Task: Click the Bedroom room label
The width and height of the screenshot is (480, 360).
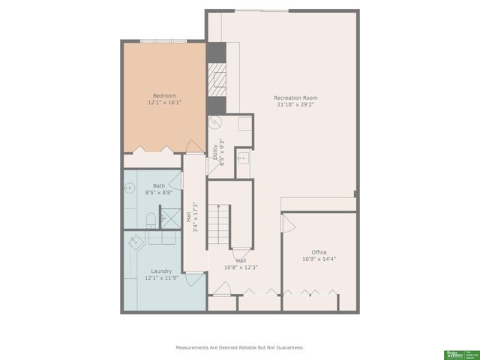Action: [x=164, y=96]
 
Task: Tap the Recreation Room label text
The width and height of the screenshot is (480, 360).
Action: [x=295, y=98]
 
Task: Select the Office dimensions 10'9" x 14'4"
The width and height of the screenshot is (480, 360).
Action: [x=319, y=259]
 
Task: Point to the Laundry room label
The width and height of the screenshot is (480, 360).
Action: [x=161, y=271]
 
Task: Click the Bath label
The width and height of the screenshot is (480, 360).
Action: [x=159, y=185]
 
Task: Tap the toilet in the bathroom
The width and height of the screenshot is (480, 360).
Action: [x=151, y=218]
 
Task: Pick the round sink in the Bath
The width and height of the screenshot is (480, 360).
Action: [x=128, y=191]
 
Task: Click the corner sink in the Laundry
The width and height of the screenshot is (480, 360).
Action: [x=136, y=242]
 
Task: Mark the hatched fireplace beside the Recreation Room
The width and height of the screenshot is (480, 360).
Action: [x=217, y=77]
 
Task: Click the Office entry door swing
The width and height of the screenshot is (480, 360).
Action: [x=286, y=223]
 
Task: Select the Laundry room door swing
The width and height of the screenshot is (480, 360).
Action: [x=193, y=280]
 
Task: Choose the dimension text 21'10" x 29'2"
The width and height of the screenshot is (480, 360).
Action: [x=295, y=105]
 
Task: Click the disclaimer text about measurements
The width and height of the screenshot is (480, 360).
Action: [x=240, y=348]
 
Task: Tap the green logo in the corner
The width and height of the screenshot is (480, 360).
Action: [x=451, y=352]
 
